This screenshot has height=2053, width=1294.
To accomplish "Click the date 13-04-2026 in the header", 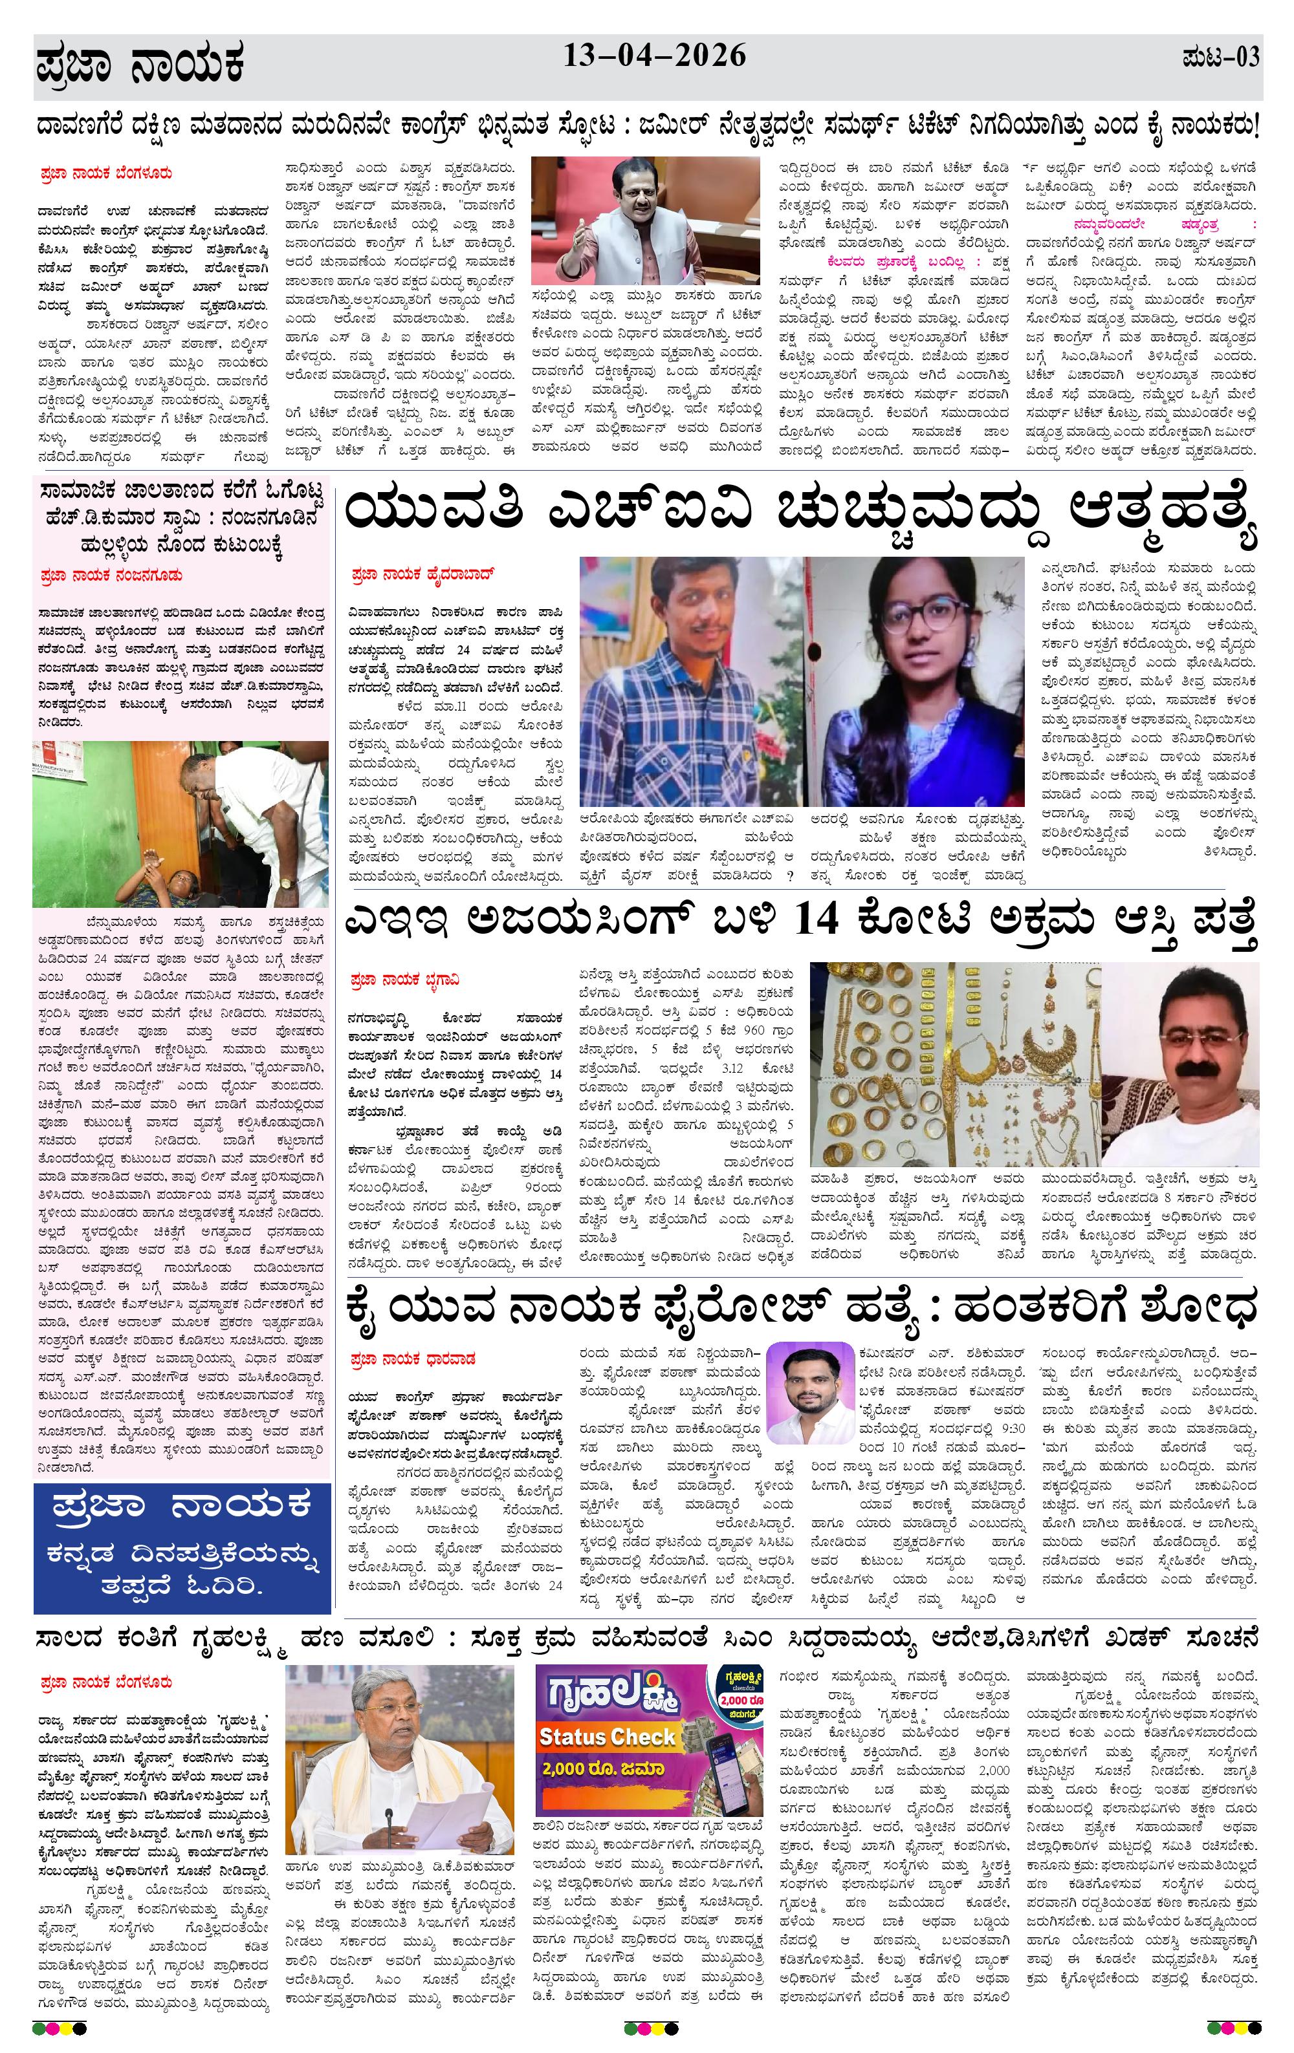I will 654,56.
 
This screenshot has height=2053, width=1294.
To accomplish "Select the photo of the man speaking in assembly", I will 645,219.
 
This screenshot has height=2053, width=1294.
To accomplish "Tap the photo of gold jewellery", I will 954,1064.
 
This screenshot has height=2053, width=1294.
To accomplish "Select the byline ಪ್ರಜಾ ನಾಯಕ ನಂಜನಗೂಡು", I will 111,576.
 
